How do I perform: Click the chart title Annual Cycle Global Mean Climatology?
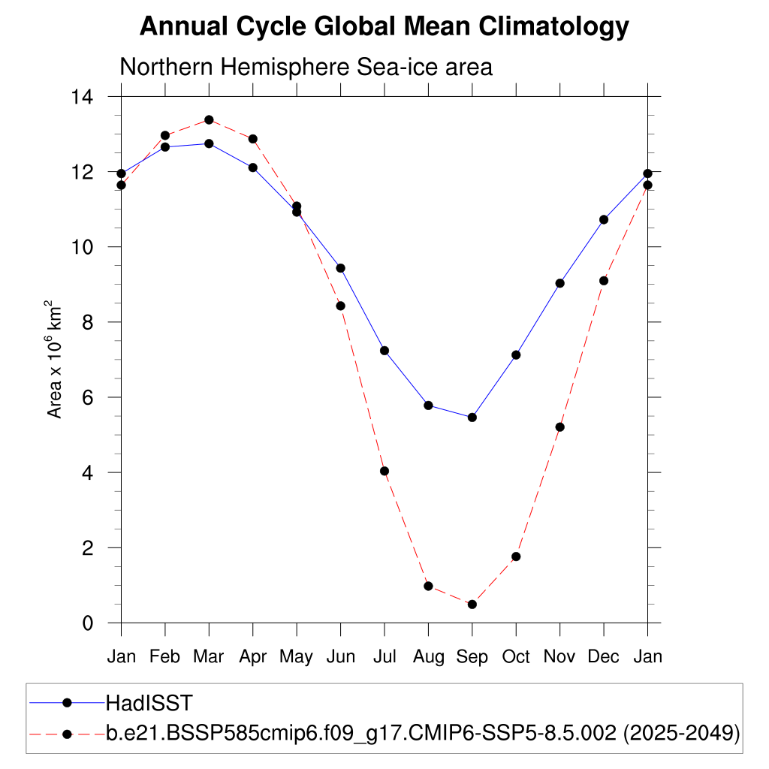tap(384, 26)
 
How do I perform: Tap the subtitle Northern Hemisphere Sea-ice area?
tap(306, 67)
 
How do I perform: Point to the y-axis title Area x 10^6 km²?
tap(55, 360)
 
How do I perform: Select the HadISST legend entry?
tap(149, 703)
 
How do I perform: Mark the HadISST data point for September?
tap(472, 418)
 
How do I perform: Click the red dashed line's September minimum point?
tap(472, 605)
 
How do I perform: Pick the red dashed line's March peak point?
tap(209, 120)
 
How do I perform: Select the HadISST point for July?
tap(384, 351)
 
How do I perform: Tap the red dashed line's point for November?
tap(559, 427)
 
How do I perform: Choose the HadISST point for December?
tap(604, 219)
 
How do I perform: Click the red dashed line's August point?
tap(428, 586)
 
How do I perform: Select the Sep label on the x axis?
tap(472, 657)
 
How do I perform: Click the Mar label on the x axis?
tap(209, 657)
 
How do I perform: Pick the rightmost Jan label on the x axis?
tap(647, 657)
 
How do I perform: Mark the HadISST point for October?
tap(516, 354)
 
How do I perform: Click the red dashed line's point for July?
tap(384, 471)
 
